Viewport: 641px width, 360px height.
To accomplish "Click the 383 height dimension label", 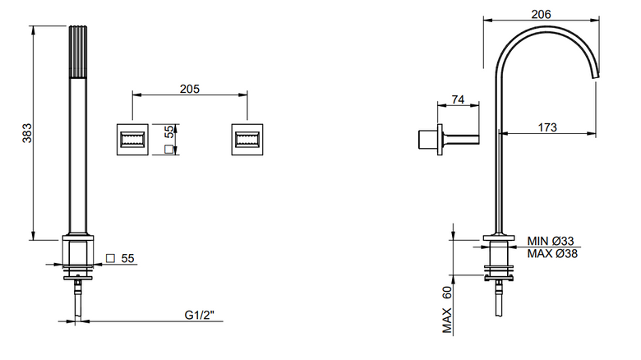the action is (x=27, y=132).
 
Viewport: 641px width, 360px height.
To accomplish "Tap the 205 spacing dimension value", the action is (x=190, y=89).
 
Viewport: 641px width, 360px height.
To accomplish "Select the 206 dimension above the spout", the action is (x=541, y=14).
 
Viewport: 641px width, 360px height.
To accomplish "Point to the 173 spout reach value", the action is (x=547, y=127).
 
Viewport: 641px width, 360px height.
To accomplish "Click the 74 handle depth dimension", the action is (x=458, y=99).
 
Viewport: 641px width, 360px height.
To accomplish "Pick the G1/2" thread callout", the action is (x=200, y=315).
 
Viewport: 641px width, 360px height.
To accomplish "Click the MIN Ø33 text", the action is (x=551, y=241).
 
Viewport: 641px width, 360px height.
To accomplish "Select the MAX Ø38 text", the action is (x=552, y=254).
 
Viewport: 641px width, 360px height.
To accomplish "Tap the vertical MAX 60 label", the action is (x=447, y=310).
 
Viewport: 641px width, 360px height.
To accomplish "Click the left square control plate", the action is (x=132, y=140).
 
